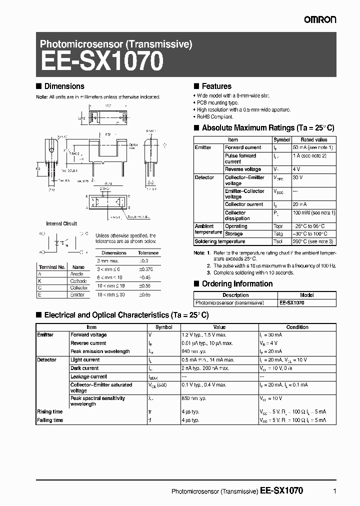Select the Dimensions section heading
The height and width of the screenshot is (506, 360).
pos(64,86)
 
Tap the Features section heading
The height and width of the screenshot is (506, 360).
pos(216,86)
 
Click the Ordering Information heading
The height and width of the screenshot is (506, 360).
pos(237,284)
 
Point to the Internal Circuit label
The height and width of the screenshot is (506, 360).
pos(61,223)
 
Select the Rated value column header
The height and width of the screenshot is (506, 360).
pos(314,140)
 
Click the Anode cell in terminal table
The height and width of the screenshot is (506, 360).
pos(77,274)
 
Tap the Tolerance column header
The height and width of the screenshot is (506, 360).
pos(148,253)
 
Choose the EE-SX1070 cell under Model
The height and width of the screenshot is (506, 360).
pos(292,303)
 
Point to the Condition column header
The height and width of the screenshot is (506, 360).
pos(297,327)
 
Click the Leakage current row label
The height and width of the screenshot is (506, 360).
pos(88,376)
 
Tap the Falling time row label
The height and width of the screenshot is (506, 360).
pos(50,420)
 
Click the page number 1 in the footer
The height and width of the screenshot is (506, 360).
pos(333,491)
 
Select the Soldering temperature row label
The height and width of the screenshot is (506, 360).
pos(220,241)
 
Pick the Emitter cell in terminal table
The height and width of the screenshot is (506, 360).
pos(77,295)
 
